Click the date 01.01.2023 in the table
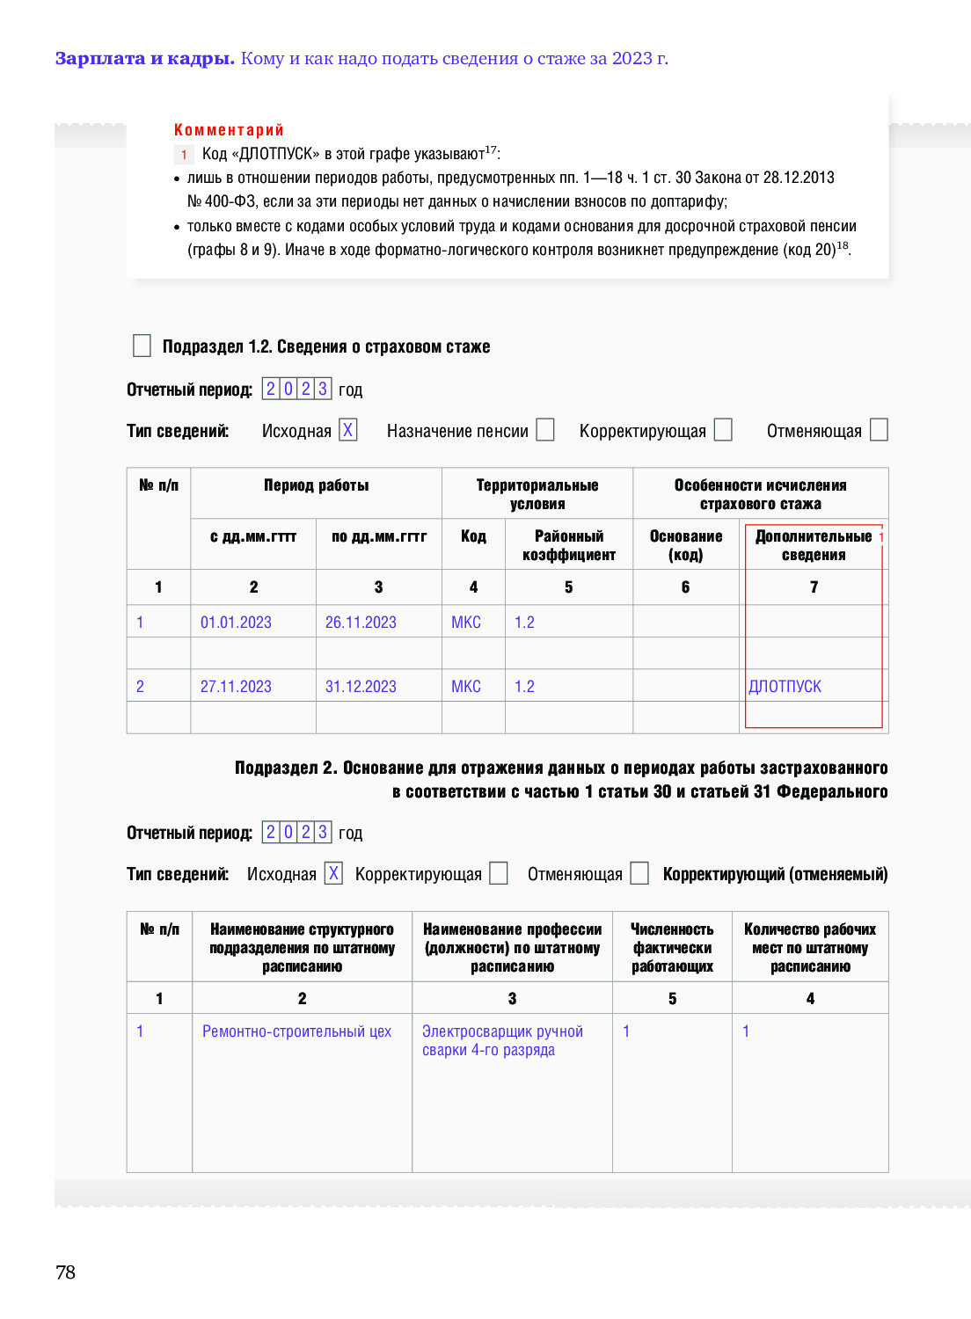(236, 623)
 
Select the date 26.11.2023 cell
(361, 623)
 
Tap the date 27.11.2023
(236, 687)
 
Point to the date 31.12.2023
(361, 687)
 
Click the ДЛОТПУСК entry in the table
(785, 687)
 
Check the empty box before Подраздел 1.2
(142, 346)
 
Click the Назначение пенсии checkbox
(545, 430)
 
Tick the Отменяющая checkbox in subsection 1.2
(879, 430)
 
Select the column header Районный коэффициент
(569, 545)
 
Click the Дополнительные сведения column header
(814, 545)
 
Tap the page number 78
(66, 1272)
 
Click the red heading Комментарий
(229, 130)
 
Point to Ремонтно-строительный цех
(296, 1031)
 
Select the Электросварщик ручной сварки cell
(502, 1040)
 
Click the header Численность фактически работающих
(672, 948)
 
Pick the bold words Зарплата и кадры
(144, 59)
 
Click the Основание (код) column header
(686, 545)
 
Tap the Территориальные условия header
(537, 494)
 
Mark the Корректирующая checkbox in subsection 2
(499, 873)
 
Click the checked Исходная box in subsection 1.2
(348, 430)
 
